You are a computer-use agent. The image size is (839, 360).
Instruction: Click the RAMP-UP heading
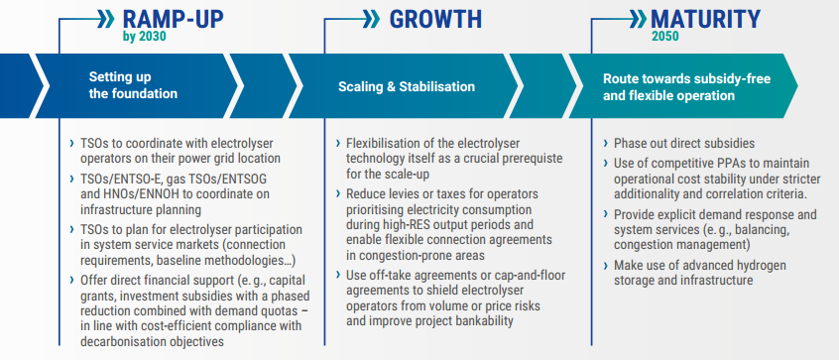173,19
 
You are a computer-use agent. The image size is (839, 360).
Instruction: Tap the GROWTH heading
435,19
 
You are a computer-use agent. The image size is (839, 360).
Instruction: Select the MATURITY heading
706,19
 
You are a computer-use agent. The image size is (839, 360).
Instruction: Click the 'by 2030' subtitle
145,37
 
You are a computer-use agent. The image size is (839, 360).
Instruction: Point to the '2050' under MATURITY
665,37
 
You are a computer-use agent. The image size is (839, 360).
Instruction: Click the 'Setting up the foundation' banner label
133,85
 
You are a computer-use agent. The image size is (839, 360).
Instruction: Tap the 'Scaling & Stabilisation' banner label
407,86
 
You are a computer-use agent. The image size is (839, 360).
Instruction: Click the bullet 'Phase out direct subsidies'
684,144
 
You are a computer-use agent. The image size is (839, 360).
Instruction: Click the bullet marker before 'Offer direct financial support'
72,281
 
